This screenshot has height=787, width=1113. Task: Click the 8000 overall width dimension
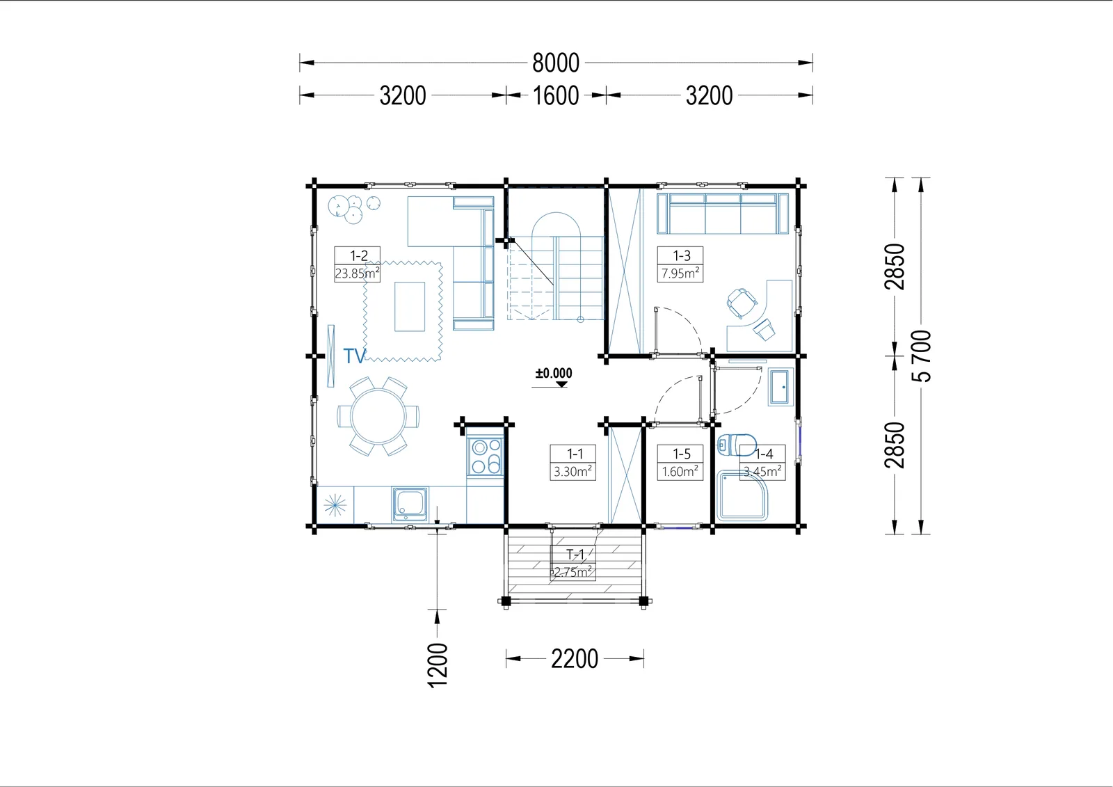556,63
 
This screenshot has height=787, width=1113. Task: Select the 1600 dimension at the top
556,95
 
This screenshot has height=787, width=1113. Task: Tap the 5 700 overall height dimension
921,356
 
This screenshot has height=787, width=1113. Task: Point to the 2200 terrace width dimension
575,659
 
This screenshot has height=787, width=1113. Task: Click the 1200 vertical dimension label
438,665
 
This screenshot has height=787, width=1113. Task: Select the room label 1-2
358,255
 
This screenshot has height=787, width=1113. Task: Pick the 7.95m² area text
680,273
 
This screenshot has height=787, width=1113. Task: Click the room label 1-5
681,454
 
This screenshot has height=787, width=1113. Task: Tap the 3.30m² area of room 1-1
573,471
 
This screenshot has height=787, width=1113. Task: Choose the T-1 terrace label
575,555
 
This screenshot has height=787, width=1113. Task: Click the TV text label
355,356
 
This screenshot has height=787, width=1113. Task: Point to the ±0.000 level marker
554,374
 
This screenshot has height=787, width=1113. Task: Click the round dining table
378,417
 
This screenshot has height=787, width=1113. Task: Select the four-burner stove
485,456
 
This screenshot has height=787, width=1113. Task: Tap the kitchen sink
410,504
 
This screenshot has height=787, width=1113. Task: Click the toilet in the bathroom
737,444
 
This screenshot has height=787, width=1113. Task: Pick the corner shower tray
742,495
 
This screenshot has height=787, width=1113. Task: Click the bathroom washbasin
780,387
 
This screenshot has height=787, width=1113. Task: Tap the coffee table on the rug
410,307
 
